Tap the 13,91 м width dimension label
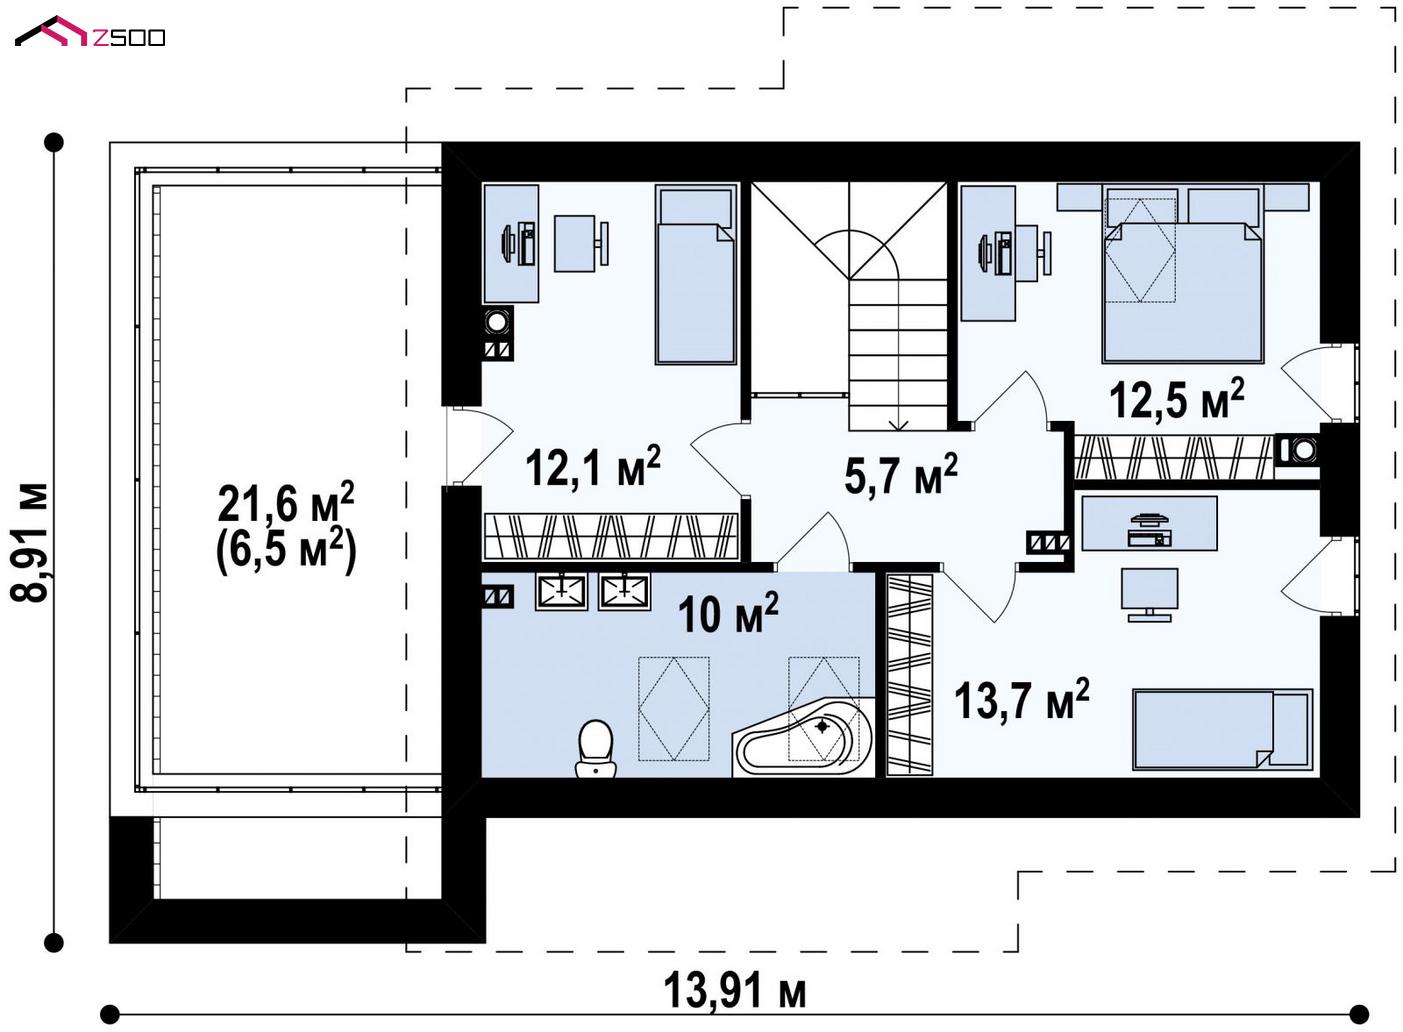point(734,990)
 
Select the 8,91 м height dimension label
point(29,542)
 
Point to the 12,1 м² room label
point(593,467)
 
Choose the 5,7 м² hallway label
point(901,474)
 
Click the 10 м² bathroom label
point(728,612)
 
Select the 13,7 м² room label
point(1022,699)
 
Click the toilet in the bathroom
point(596,748)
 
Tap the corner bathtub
point(803,739)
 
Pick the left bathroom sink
point(561,591)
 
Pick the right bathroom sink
point(624,591)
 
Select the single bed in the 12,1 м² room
point(696,274)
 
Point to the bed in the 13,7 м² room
point(1222,730)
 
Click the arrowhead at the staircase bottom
point(899,425)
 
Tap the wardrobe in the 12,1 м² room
point(611,536)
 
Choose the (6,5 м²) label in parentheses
point(286,550)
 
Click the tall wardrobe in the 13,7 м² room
point(910,674)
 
